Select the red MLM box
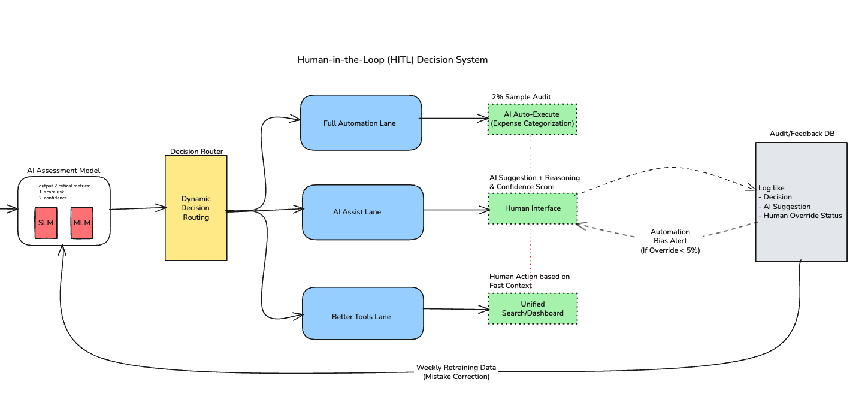pos(82,223)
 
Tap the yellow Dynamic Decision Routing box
pos(196,208)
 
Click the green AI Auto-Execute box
pos(533,119)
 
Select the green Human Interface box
pos(533,208)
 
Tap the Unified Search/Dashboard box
pos(533,308)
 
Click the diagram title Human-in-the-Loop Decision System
pos(392,60)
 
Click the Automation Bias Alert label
pos(670,241)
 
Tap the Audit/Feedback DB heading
pos(802,133)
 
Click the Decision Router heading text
pos(196,152)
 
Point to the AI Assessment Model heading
pos(63,171)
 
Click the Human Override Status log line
pos(800,216)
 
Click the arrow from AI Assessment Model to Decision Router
pos(138,208)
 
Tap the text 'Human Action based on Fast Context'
pos(530,281)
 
